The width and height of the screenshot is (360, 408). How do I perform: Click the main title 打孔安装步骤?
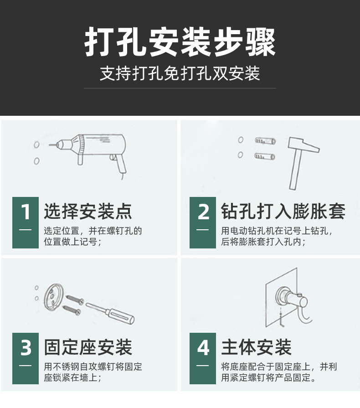point(180,43)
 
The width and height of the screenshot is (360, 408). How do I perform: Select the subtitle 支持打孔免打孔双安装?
point(180,73)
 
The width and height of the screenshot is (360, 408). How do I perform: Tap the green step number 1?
point(26,212)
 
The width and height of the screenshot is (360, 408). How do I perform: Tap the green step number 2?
point(203,212)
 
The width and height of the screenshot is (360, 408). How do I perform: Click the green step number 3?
point(26,348)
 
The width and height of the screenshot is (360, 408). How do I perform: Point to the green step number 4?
point(203,348)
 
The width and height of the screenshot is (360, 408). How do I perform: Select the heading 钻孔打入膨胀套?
point(283,212)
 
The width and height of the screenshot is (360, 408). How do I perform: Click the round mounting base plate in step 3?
point(55,299)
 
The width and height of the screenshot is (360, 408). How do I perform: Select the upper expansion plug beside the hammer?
point(265,140)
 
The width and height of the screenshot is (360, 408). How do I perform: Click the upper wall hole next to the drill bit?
point(36,145)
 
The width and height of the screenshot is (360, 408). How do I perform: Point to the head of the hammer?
point(303,146)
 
